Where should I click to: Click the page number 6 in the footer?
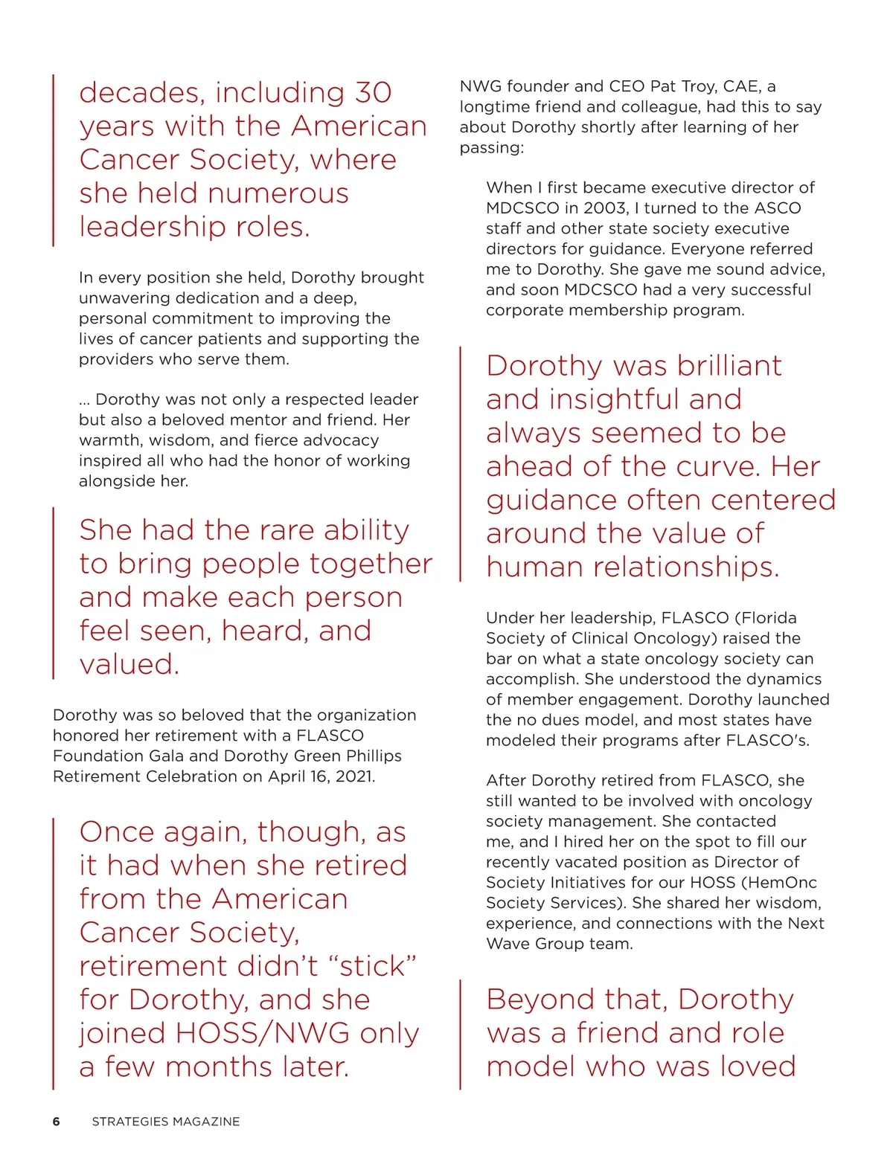57,1122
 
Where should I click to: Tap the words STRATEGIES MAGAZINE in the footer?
166,1122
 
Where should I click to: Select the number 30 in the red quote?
373,93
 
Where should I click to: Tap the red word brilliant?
729,366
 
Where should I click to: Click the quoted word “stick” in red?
377,966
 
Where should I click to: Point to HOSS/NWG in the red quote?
262,1034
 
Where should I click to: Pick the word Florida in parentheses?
769,618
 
